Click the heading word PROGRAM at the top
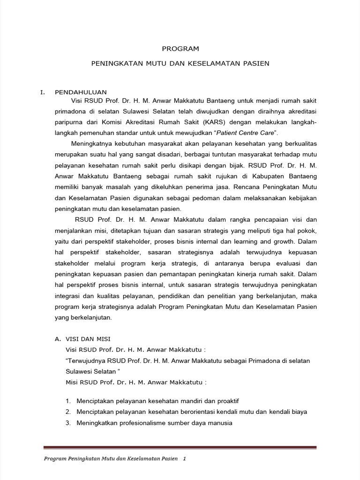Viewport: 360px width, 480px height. pos(180,48)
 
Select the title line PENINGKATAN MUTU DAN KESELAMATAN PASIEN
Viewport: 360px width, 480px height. pos(180,63)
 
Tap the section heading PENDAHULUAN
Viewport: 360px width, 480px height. pos(81,92)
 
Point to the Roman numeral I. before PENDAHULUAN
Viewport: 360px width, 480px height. pos(42,92)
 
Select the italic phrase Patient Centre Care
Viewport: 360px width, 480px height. pos(247,133)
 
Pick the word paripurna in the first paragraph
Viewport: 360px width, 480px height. pos(69,122)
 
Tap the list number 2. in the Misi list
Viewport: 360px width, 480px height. pos(68,412)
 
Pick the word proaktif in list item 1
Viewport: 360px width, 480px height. pos(225,401)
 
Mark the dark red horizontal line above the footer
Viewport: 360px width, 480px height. pos(180,447)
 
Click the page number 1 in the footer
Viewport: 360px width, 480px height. pos(185,459)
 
